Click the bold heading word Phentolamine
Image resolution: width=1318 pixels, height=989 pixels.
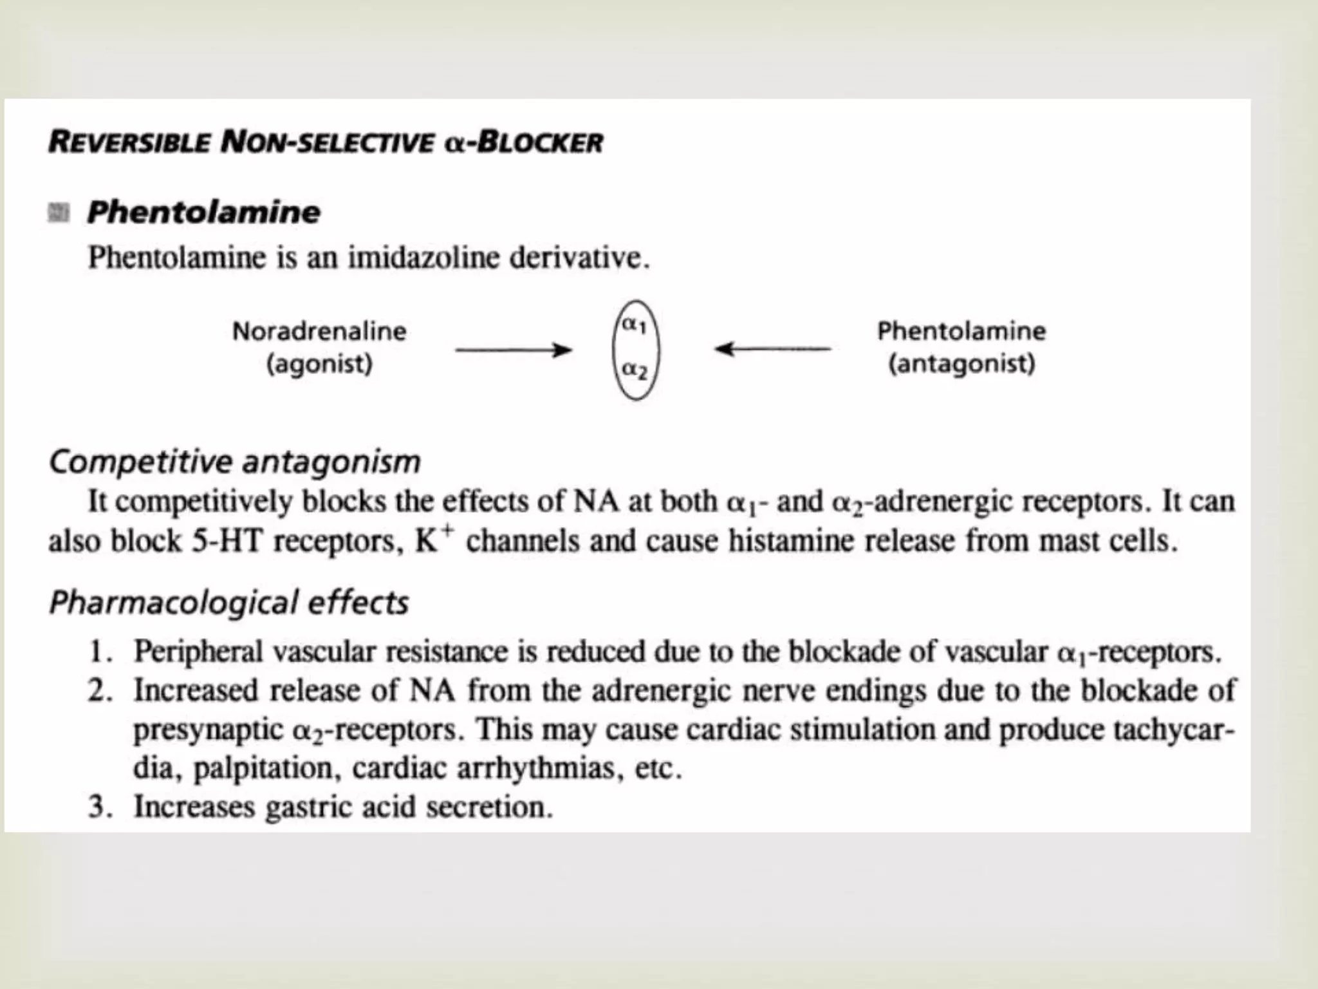203,212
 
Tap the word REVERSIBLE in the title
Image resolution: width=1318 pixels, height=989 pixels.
129,142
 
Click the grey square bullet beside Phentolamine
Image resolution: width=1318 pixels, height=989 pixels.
59,212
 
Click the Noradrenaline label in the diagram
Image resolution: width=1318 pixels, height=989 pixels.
319,332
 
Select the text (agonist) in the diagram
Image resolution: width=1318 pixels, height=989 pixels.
319,364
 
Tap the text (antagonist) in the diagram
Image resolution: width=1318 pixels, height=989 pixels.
961,364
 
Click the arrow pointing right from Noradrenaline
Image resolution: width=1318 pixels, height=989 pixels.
513,350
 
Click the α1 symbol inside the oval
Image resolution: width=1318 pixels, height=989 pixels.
633,325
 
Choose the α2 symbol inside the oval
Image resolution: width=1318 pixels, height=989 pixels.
634,370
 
